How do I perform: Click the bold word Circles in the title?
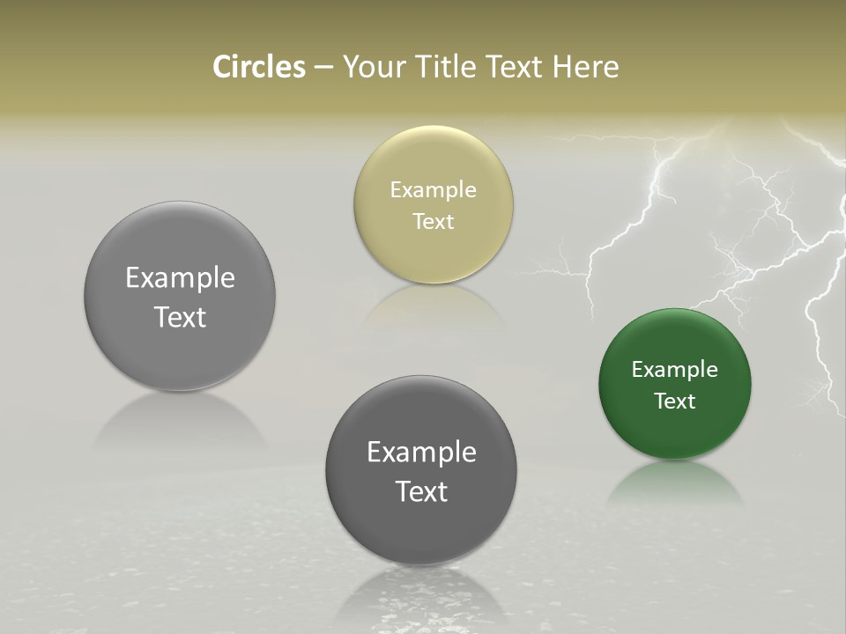tap(258, 67)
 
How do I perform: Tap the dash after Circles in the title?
tap(323, 68)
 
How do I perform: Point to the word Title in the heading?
tap(444, 67)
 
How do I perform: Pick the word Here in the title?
tap(586, 67)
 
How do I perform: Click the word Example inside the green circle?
tap(674, 370)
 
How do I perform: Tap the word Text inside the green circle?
tap(674, 401)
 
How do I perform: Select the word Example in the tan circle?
tap(433, 190)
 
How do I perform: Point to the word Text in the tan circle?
tap(433, 221)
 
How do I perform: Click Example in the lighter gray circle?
tap(180, 278)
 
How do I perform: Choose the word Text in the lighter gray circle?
tap(180, 317)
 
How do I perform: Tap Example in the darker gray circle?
tap(421, 453)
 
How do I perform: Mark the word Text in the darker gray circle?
tap(421, 491)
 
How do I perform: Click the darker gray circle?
tap(421, 528)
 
